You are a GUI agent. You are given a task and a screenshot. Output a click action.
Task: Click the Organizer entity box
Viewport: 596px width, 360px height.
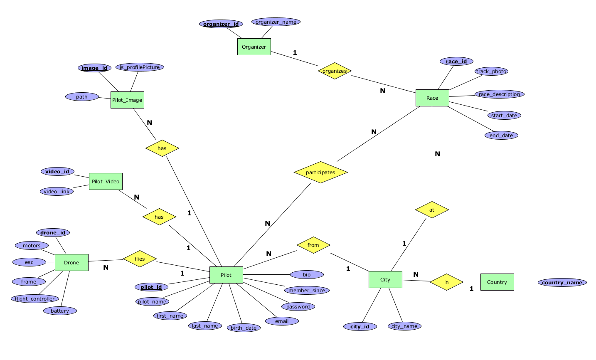[x=254, y=47]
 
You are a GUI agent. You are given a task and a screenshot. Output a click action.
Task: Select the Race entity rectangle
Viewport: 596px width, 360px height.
[x=432, y=98]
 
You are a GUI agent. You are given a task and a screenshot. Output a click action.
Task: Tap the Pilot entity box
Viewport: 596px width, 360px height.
[x=226, y=275]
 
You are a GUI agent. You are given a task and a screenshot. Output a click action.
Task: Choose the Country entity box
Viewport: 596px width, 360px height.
[x=497, y=282]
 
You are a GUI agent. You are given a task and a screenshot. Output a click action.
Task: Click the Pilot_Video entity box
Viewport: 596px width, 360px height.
[x=106, y=182]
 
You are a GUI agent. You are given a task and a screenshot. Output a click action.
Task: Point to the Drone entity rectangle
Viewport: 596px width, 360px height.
[x=71, y=263]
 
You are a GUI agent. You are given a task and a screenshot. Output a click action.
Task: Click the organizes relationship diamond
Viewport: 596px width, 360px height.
[x=335, y=71]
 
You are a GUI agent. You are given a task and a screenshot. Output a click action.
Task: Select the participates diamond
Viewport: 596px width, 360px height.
[x=320, y=173]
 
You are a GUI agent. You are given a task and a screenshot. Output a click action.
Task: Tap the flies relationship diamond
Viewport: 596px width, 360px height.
[x=140, y=259]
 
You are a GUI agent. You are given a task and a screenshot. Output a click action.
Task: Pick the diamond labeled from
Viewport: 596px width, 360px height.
[x=313, y=245]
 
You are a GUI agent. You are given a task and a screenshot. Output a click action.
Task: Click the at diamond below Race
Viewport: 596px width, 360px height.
[x=432, y=210]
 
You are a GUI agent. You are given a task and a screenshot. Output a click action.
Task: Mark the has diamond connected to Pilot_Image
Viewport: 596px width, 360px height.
[x=162, y=148]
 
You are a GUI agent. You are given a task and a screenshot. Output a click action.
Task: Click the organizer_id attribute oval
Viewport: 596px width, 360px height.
[x=221, y=24]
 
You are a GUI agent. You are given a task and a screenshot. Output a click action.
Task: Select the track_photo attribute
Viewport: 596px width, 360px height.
[x=491, y=72]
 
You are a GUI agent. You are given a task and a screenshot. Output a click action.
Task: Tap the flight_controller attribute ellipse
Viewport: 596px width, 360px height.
[x=35, y=299]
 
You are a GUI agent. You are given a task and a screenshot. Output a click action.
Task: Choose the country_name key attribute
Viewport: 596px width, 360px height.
[x=562, y=283]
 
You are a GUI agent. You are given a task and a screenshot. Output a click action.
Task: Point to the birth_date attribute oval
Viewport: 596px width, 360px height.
[x=244, y=328]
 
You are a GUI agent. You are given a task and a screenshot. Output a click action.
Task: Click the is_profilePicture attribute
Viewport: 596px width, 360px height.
[x=140, y=67]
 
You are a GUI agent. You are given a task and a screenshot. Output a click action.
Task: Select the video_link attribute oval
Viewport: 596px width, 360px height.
[x=57, y=192]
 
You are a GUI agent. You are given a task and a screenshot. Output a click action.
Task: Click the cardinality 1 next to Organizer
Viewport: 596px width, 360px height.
[x=295, y=53]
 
